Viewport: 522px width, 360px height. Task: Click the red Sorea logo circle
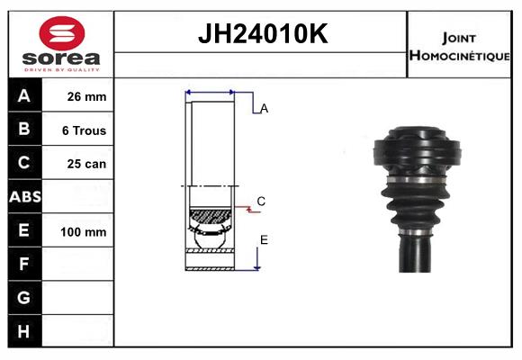click(62, 33)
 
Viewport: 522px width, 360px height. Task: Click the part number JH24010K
click(263, 33)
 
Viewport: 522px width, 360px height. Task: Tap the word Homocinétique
click(459, 55)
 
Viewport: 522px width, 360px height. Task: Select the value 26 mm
click(86, 96)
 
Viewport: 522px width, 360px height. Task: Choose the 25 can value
click(86, 164)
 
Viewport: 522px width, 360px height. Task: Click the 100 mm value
click(83, 232)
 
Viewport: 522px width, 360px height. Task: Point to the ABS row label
click(25, 197)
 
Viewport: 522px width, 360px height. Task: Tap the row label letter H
click(23, 331)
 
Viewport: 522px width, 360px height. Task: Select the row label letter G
click(23, 297)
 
